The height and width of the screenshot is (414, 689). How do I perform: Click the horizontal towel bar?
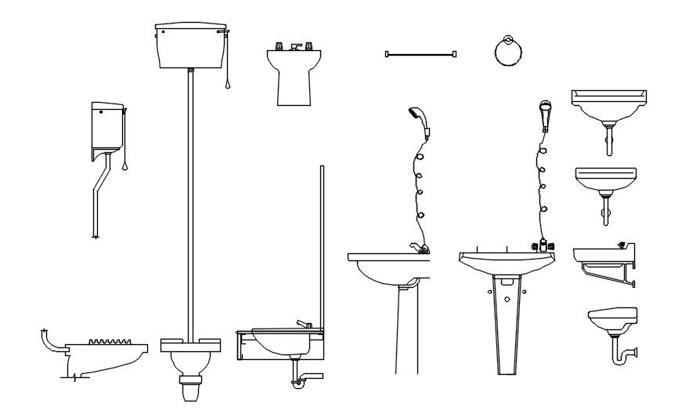[421, 54]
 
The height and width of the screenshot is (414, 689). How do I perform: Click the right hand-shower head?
[546, 114]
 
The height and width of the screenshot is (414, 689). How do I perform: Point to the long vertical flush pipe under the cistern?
[189, 204]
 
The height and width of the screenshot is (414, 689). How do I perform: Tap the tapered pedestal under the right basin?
[506, 321]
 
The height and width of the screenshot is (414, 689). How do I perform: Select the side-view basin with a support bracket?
[604, 263]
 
